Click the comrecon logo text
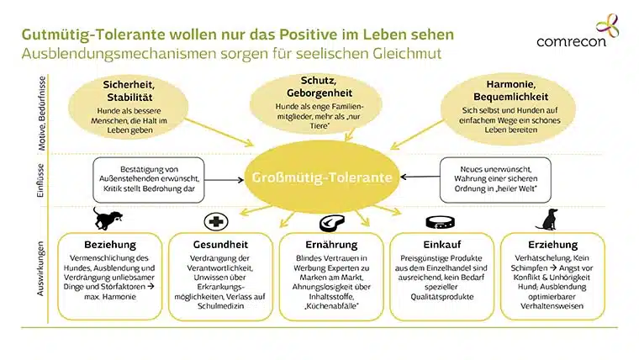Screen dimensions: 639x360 pyautogui.click(x=571, y=41)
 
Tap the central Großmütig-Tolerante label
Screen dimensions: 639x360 pyautogui.click(x=322, y=177)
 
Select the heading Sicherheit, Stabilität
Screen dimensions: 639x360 pyautogui.click(x=129, y=91)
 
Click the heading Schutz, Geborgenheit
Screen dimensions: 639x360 pyautogui.click(x=319, y=87)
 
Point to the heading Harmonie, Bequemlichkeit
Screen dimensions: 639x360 pyautogui.click(x=510, y=91)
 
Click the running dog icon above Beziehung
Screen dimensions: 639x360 pyautogui.click(x=107, y=219)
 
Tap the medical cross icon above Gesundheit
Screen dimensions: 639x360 pyautogui.click(x=216, y=222)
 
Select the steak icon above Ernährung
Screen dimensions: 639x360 pyautogui.click(x=332, y=223)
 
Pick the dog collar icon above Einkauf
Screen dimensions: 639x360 pyautogui.click(x=440, y=223)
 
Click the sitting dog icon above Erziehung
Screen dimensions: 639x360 pyautogui.click(x=547, y=220)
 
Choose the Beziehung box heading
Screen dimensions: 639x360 pyautogui.click(x=110, y=245)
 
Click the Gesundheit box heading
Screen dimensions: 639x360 pyautogui.click(x=220, y=245)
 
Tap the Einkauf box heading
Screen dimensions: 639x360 pyautogui.click(x=442, y=245)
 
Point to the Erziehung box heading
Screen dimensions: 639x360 pyautogui.click(x=553, y=245)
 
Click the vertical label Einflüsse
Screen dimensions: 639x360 pyautogui.click(x=40, y=181)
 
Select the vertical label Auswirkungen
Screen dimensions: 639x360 pyautogui.click(x=40, y=268)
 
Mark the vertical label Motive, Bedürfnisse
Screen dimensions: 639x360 pyautogui.click(x=41, y=114)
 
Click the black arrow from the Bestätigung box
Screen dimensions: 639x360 pyautogui.click(x=224, y=180)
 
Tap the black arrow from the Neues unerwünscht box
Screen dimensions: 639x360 pyautogui.click(x=420, y=177)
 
